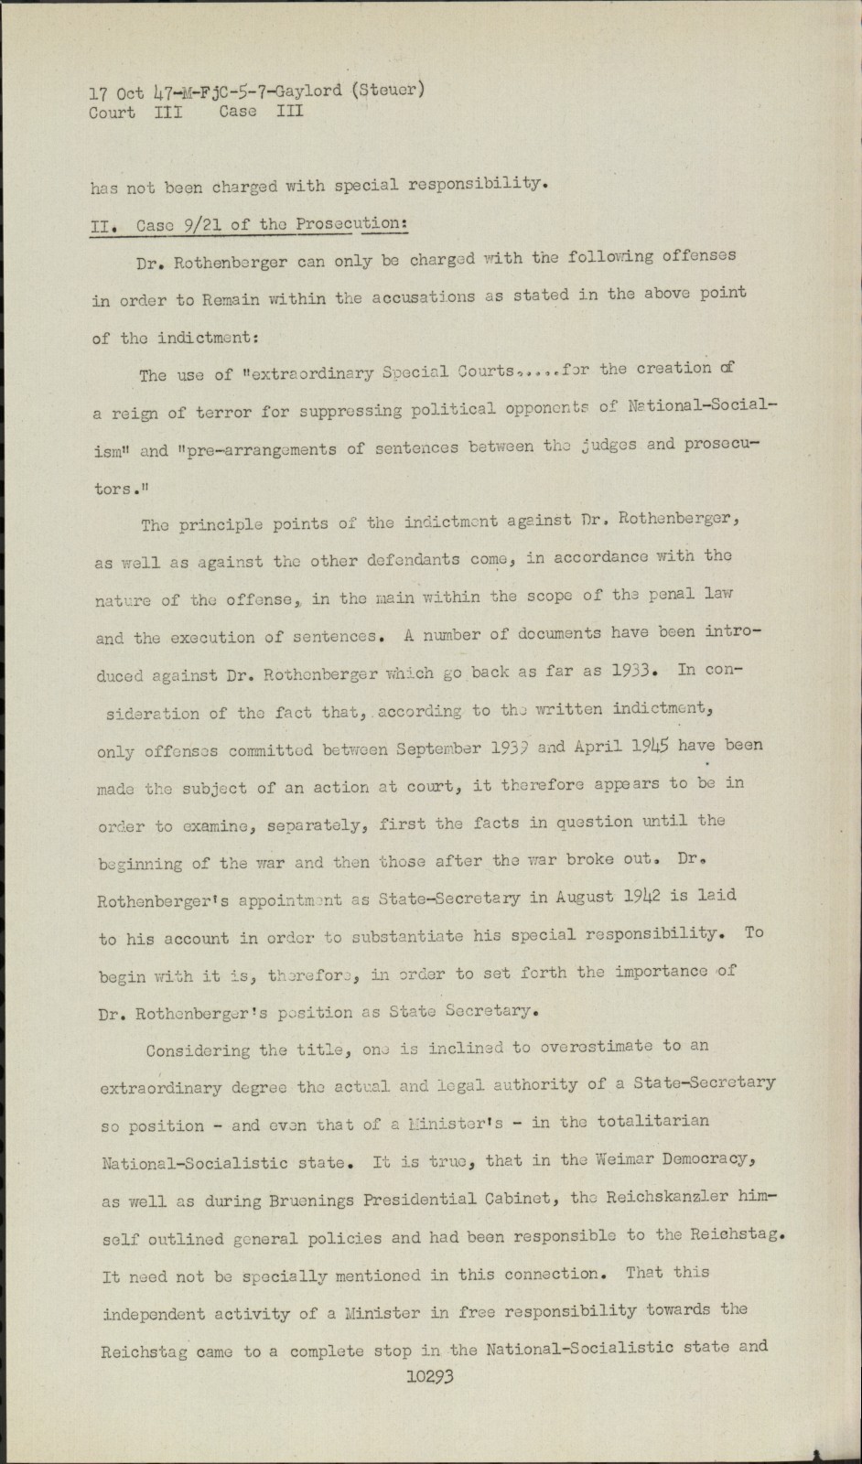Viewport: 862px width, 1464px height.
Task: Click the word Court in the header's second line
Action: coord(112,113)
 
